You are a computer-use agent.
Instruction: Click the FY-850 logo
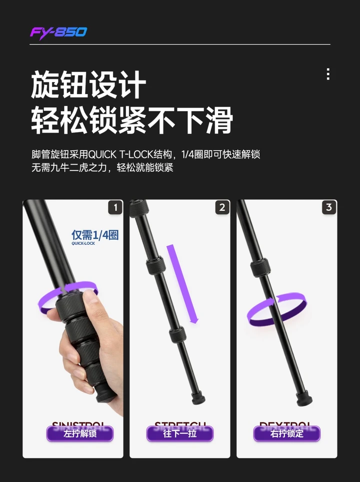[58, 33]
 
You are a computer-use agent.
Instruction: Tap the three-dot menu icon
[328, 74]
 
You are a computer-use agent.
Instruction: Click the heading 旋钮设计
[88, 85]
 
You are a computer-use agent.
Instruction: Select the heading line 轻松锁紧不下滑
[132, 121]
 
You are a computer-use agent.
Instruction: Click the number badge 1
[115, 207]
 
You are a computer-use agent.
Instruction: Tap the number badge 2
[222, 207]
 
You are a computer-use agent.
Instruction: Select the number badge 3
[328, 207]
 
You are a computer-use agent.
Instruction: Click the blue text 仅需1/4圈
[95, 234]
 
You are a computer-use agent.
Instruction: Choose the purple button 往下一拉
[180, 433]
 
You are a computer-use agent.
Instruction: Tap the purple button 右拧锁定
[287, 433]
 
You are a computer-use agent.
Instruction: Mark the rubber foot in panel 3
[304, 398]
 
